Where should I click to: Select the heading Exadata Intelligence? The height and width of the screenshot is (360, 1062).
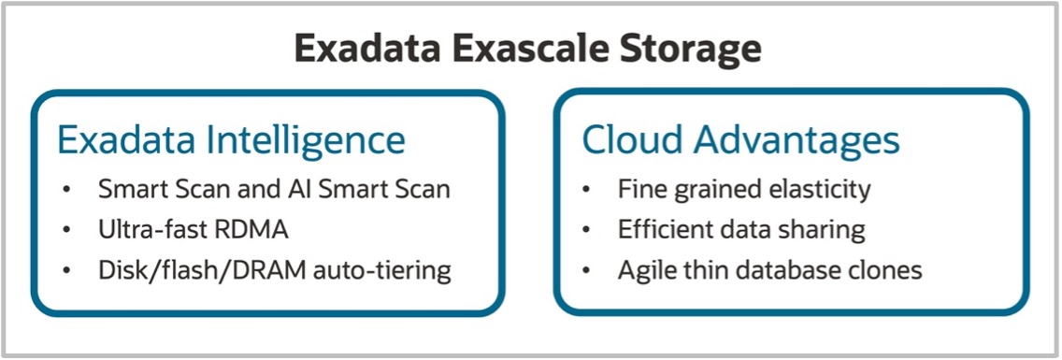pos(231,140)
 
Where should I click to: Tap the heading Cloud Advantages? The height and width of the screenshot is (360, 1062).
pos(740,140)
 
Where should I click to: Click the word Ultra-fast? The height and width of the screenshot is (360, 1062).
pos(145,230)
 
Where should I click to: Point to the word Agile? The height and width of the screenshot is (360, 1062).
pos(642,271)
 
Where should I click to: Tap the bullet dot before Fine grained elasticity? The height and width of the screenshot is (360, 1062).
pos(586,190)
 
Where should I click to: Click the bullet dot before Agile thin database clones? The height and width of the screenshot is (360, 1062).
pos(586,272)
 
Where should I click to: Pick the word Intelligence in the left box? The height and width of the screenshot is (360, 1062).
pos(317,140)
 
